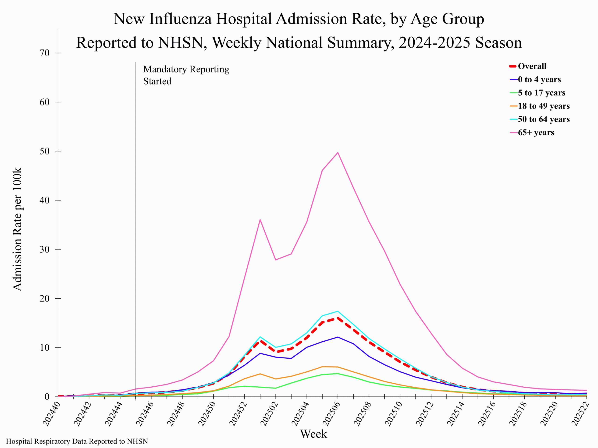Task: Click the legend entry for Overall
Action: pyautogui.click(x=532, y=66)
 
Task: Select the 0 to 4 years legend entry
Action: pyautogui.click(x=539, y=79)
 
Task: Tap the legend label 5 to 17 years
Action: pyautogui.click(x=541, y=93)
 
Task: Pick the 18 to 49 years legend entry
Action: pyautogui.click(x=543, y=106)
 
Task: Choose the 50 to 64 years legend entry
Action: pyautogui.click(x=543, y=119)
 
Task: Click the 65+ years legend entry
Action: pyautogui.click(x=536, y=132)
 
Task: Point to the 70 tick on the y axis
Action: pyautogui.click(x=45, y=53)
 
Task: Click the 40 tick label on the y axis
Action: pyautogui.click(x=45, y=200)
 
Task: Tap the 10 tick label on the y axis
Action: pyautogui.click(x=45, y=347)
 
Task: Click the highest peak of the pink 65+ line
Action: pyautogui.click(x=338, y=153)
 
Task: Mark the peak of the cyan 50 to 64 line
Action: pyautogui.click(x=338, y=311)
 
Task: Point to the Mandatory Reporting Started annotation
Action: pyautogui.click(x=186, y=75)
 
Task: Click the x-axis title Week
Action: pyautogui.click(x=313, y=434)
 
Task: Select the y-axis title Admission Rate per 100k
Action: pyautogui.click(x=17, y=229)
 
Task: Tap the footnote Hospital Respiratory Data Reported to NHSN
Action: pyautogui.click(x=77, y=441)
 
